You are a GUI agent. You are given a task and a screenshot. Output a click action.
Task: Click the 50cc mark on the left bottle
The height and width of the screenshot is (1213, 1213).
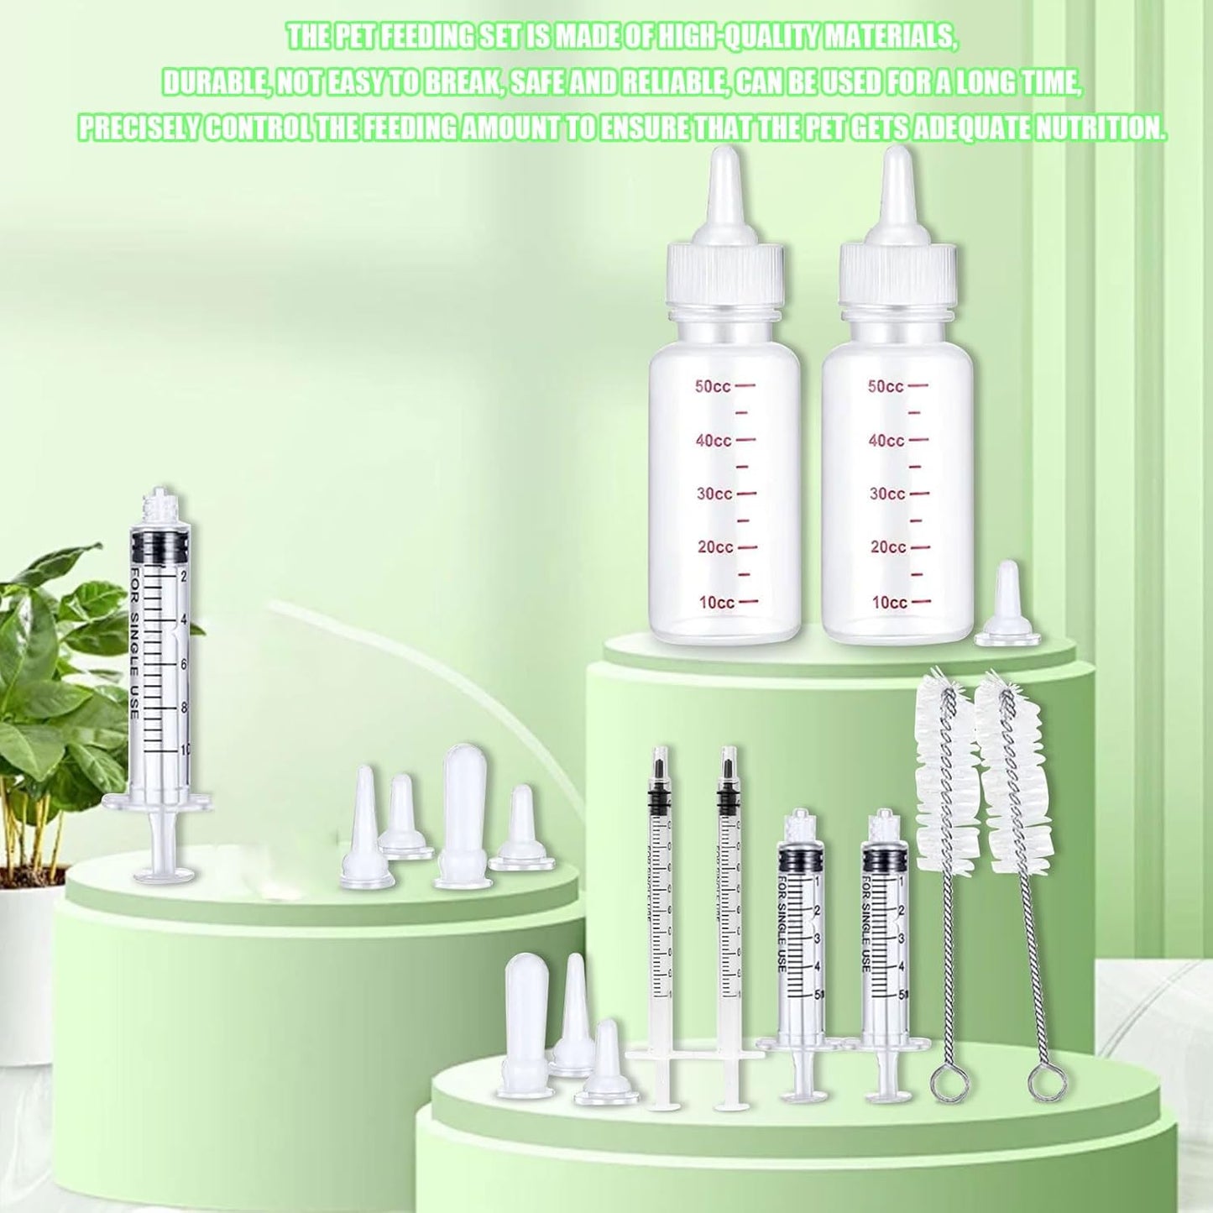pos(714,386)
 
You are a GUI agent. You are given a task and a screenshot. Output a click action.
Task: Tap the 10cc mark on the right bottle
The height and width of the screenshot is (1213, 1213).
pos(888,602)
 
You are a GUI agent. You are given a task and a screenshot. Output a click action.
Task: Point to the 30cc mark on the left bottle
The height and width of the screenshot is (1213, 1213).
pos(714,494)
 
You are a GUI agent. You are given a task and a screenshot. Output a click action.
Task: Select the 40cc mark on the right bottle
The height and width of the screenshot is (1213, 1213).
pos(886,441)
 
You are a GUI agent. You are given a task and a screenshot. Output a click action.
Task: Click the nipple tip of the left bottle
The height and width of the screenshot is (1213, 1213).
pos(722,168)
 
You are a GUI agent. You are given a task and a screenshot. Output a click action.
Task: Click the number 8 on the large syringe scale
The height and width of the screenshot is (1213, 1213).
pos(184,707)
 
